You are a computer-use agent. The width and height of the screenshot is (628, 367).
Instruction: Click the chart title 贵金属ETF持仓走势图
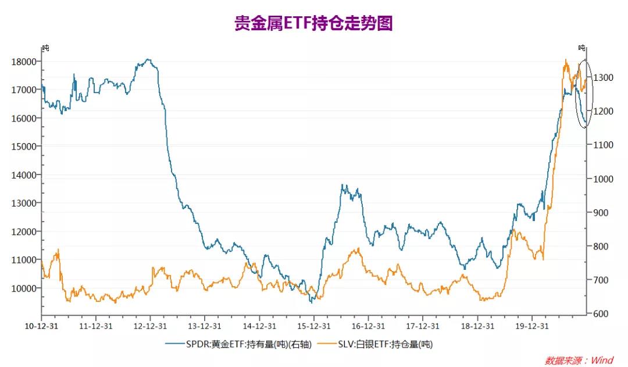(x=314, y=23)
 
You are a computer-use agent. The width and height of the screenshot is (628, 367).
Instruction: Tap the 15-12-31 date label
(x=313, y=326)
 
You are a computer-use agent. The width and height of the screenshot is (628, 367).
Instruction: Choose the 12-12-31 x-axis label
(x=151, y=326)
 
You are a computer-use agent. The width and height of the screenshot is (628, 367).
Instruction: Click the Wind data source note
(x=579, y=361)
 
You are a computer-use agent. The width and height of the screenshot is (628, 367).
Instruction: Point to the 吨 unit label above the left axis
(x=45, y=48)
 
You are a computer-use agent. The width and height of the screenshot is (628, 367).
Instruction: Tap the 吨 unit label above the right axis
(x=582, y=48)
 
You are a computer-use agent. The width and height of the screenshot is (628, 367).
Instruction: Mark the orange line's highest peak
(x=566, y=60)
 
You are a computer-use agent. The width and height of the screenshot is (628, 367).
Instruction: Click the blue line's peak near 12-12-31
(x=148, y=59)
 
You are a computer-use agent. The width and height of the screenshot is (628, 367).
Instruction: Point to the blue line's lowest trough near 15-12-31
(x=311, y=302)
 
